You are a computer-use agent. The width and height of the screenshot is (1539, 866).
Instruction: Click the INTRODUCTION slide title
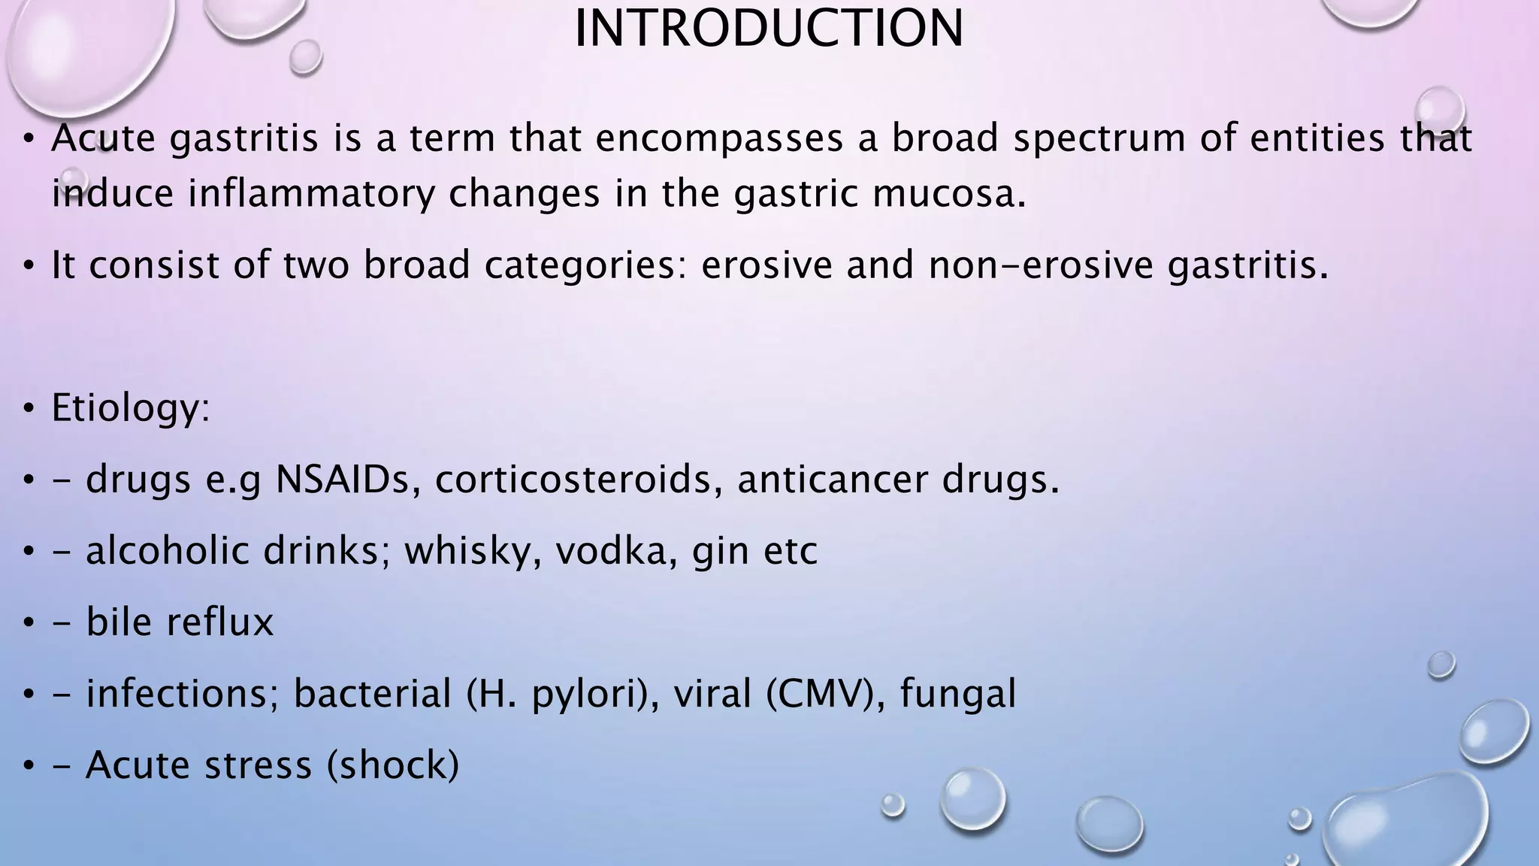point(768,29)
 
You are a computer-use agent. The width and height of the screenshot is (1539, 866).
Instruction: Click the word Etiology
point(129,408)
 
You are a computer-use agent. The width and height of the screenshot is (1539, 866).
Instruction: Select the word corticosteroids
point(573,479)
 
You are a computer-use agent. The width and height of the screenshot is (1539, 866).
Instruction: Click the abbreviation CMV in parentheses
point(821,693)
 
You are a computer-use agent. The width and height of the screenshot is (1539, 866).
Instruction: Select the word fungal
point(958,693)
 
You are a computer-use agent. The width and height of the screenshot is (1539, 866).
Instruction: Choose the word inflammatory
point(311,194)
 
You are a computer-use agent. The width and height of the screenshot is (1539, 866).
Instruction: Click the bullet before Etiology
point(29,410)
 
